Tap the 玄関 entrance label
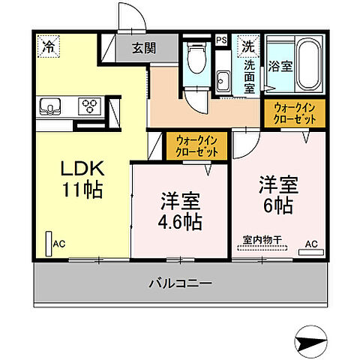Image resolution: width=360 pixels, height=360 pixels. (x=144, y=49)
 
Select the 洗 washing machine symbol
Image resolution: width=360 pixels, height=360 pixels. (x=247, y=46)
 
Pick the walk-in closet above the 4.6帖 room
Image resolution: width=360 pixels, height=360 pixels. (x=197, y=145)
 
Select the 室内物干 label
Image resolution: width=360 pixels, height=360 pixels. (x=262, y=241)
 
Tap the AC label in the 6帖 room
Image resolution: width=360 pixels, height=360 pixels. (x=310, y=244)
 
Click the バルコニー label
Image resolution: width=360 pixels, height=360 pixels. (x=179, y=284)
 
